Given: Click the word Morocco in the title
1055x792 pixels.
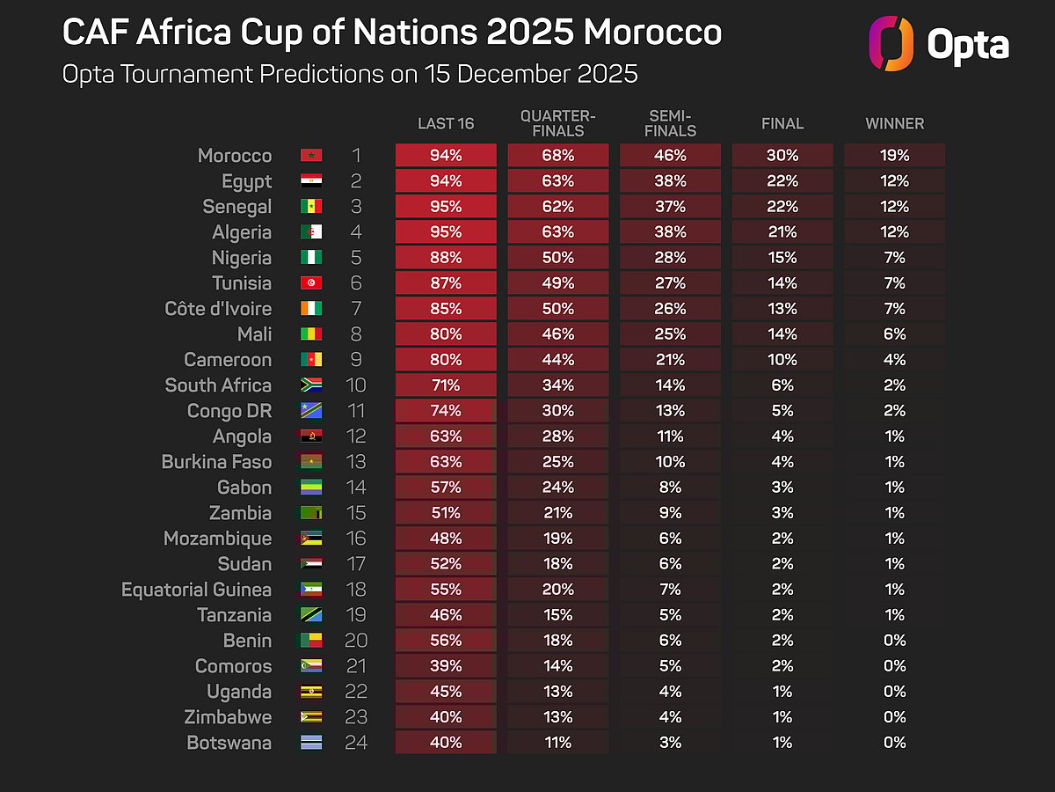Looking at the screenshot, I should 652,33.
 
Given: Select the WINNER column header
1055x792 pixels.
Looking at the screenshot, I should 894,124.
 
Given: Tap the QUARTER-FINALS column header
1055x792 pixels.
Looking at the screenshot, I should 557,124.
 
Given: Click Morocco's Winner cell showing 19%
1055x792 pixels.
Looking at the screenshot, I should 894,156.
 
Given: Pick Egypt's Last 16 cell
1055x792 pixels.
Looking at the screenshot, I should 446,181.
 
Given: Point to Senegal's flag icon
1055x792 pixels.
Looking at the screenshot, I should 311,207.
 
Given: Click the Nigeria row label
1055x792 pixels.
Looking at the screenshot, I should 242,258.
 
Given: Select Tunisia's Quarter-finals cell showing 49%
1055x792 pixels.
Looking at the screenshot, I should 557,283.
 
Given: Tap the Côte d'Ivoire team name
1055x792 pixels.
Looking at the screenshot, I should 217,309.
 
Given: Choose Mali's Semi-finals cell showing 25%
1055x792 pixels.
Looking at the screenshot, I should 670,334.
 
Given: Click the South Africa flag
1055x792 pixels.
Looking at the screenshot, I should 311,385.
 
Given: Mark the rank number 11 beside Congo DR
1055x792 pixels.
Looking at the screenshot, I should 355,411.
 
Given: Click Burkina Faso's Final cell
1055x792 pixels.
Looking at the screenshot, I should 782,462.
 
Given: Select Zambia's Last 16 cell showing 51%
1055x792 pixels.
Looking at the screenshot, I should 446,513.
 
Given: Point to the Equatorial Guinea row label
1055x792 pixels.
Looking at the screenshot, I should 196,590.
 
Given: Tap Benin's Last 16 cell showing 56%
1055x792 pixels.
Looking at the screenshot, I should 446,641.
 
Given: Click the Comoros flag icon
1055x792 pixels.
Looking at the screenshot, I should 311,666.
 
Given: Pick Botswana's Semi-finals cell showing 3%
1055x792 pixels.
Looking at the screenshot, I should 670,743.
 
